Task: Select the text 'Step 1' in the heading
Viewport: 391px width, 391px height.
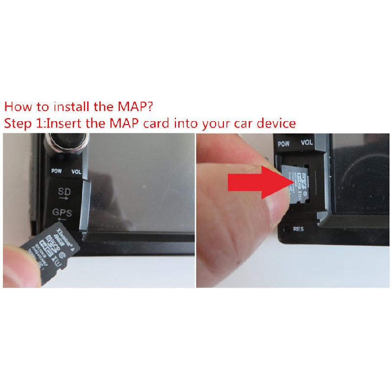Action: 23,123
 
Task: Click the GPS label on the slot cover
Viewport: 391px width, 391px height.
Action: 62,213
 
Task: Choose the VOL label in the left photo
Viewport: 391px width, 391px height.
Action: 77,172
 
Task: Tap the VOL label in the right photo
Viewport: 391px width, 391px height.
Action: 306,143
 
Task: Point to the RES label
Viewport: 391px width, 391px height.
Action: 299,229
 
